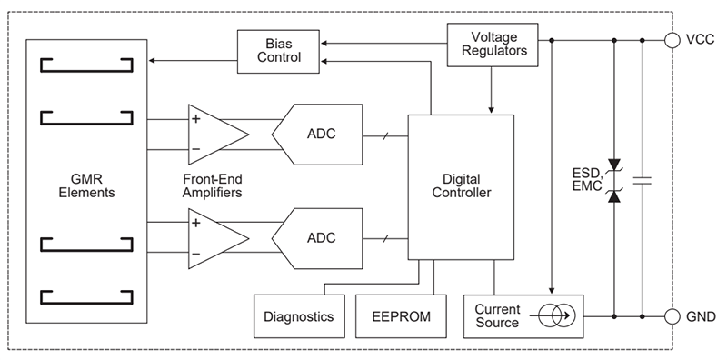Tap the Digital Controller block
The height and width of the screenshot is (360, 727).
tap(461, 186)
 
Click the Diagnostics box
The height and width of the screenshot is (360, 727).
tap(298, 317)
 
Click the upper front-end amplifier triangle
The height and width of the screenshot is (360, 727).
tap(214, 133)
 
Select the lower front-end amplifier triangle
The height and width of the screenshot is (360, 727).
tap(214, 236)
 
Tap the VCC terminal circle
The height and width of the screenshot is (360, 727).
tap(672, 40)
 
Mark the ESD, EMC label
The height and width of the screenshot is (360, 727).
tap(587, 178)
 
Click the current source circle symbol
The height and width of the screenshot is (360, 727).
tap(552, 317)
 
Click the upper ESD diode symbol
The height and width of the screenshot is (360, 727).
tap(615, 164)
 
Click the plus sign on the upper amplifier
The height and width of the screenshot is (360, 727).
tap(195, 118)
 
